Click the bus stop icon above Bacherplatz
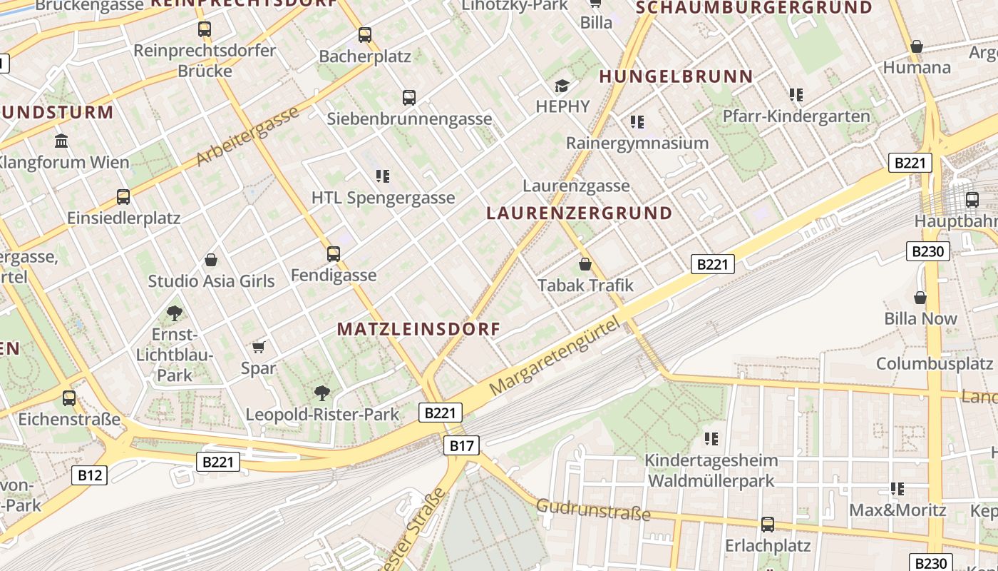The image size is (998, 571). [365, 34]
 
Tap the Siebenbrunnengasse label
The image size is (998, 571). [409, 118]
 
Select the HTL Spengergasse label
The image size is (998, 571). [383, 198]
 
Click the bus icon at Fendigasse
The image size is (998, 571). [333, 253]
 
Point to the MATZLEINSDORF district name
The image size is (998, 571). [418, 329]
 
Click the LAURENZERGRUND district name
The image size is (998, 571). [580, 213]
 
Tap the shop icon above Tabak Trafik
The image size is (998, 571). [585, 264]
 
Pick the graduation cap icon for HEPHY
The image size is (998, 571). [562, 86]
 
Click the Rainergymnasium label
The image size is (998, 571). [637, 143]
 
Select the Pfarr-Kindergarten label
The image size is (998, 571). [796, 116]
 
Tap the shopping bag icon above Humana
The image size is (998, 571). [917, 47]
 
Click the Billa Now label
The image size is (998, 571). [920, 318]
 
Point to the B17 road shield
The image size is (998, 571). [461, 446]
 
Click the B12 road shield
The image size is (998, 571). [90, 475]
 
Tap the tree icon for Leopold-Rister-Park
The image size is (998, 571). [322, 393]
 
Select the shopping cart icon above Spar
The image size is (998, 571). [258, 348]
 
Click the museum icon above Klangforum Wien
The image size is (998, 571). [61, 141]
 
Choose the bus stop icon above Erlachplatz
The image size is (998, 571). [768, 525]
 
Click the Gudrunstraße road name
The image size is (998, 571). [593, 509]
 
